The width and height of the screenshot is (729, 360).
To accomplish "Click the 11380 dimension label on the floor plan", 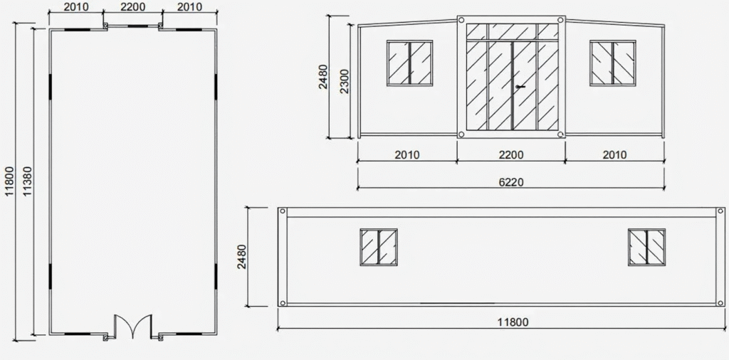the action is pos(28,181).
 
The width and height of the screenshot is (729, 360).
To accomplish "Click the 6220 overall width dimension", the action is pos(511,182).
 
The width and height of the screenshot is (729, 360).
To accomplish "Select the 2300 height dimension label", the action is pos(344,81).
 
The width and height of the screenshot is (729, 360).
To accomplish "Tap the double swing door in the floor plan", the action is pos(133,326).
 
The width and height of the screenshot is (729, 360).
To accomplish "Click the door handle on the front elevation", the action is pos(520,86).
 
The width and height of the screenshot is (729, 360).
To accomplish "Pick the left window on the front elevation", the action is pos(409,63).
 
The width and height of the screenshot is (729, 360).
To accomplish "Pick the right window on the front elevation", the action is pos(613,63).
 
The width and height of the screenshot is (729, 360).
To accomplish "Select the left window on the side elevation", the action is pos(379,247).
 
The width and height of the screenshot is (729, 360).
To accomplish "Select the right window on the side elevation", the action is pos(646,247).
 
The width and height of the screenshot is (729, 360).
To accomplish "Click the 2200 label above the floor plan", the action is pos(132,7).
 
